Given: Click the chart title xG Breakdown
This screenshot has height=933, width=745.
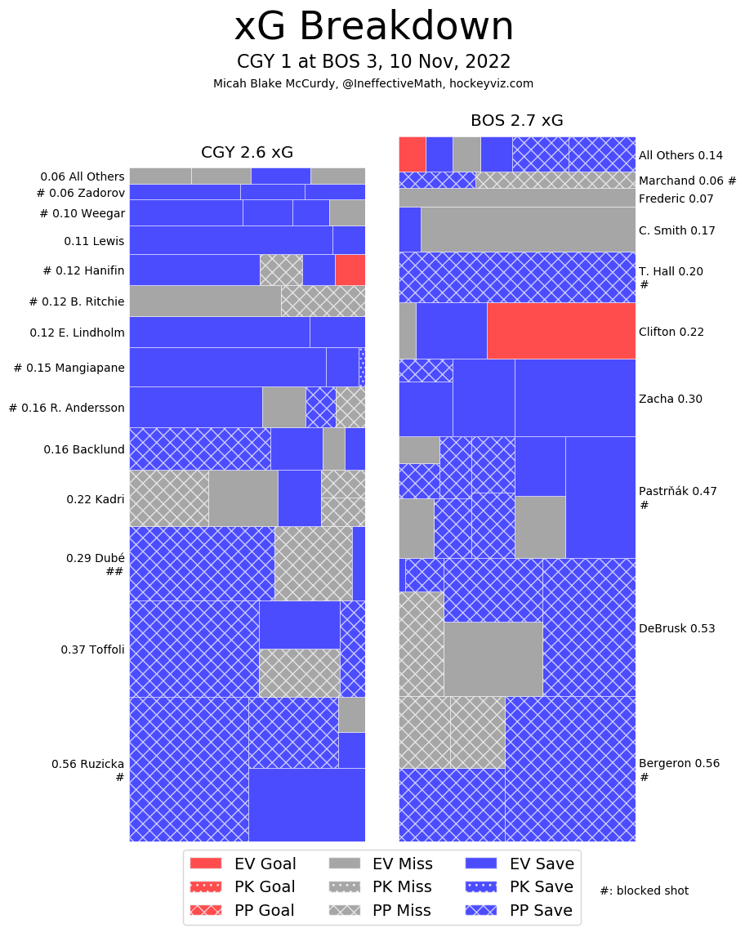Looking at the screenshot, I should [373, 27].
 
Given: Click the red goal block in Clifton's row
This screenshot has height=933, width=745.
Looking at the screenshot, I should [560, 331].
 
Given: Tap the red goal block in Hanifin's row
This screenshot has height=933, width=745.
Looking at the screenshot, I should [350, 270].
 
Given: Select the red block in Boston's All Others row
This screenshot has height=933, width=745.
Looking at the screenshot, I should [412, 154].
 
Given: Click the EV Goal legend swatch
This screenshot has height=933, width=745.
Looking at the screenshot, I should [205, 864].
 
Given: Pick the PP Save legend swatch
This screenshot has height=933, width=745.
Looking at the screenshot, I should [481, 910].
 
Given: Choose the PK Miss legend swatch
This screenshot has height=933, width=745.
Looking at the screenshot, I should [345, 887].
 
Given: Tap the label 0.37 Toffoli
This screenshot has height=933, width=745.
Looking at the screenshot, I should [92, 650].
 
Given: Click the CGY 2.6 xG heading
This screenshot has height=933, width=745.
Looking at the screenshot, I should [247, 153].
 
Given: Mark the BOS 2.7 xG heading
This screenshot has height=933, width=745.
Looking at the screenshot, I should [516, 121].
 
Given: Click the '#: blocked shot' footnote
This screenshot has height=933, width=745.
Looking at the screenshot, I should [644, 891].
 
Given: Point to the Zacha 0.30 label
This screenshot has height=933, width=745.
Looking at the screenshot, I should [670, 399].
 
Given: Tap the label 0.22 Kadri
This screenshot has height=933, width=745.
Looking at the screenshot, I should [96, 498].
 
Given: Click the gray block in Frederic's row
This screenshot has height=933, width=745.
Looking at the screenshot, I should [516, 198].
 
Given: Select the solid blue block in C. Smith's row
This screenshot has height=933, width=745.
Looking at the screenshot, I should [409, 230].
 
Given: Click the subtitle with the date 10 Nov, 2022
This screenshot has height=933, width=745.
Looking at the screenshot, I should [373, 62].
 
